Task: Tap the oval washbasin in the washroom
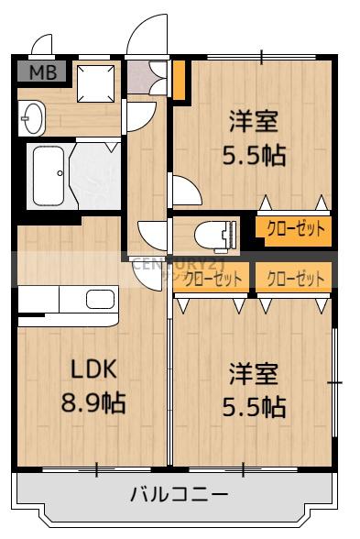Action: (31, 118)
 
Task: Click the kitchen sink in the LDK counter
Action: (100, 298)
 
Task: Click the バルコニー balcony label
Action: (180, 496)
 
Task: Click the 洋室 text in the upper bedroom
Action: (253, 121)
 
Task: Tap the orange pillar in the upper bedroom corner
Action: (180, 81)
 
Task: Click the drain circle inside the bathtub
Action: (59, 173)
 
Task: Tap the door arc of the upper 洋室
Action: (186, 191)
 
